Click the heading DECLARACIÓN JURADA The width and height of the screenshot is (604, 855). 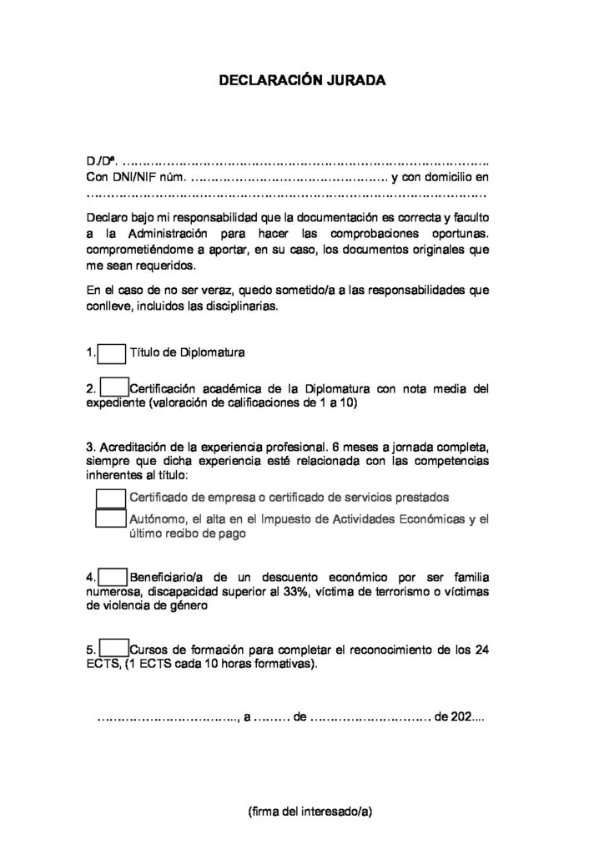(x=302, y=82)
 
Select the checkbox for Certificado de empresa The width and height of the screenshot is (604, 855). (x=110, y=497)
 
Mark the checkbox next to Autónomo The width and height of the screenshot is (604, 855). (x=110, y=519)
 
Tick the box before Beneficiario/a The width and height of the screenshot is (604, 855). (x=113, y=577)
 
